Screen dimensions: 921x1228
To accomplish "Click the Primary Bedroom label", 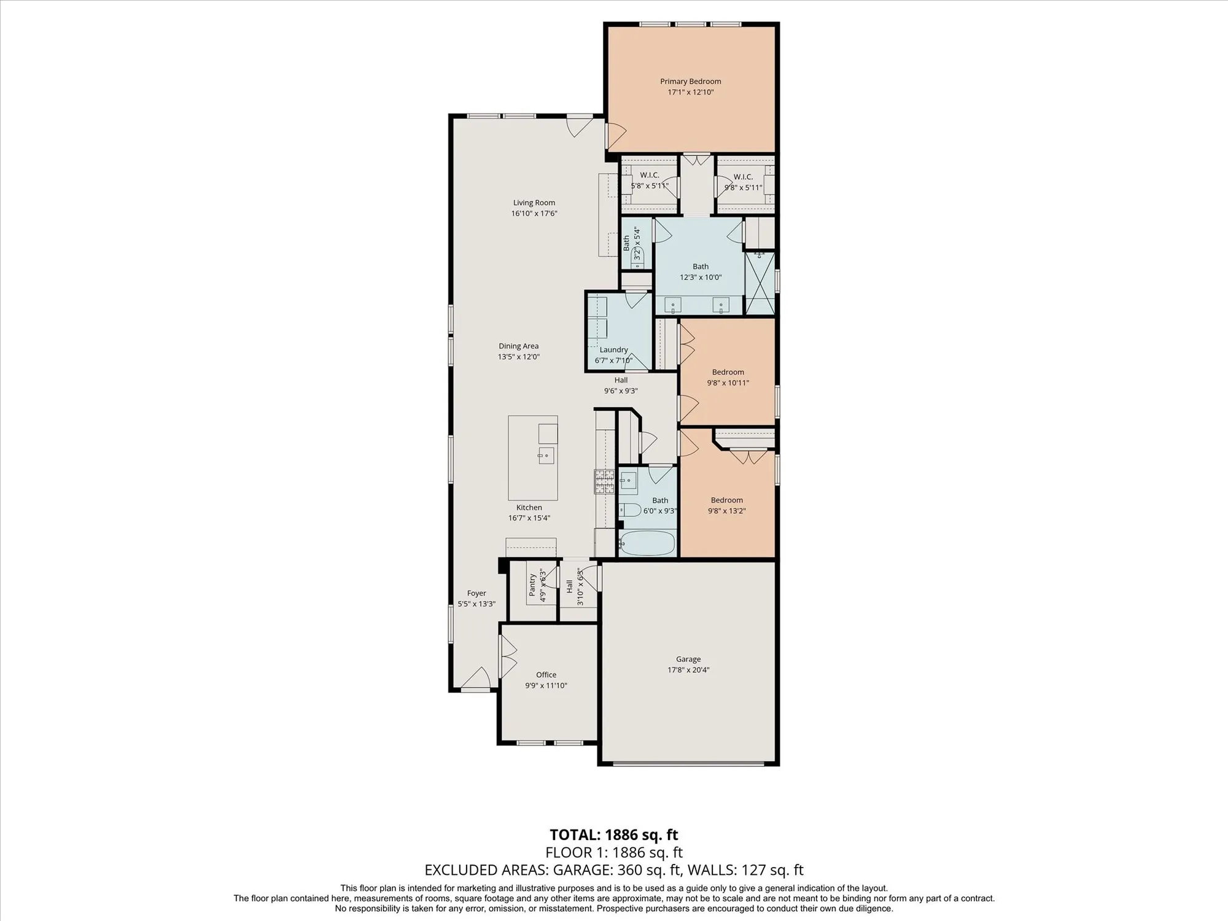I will point(690,81).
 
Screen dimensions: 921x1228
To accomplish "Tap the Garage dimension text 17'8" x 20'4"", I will point(688,670).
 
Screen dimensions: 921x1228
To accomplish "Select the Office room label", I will point(546,674).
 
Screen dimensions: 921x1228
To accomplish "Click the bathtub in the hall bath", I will point(647,543).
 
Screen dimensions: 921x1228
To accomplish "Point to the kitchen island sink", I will point(546,456).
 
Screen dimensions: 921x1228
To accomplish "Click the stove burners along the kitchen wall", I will point(604,482).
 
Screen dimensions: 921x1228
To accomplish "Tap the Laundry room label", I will point(613,349).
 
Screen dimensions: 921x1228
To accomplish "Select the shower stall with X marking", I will point(760,284).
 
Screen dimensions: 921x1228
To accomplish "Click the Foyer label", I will point(476,593).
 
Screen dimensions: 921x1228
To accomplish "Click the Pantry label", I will point(532,585).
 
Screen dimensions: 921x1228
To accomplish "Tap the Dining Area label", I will point(518,346).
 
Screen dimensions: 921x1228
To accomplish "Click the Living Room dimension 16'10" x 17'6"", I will point(534,214).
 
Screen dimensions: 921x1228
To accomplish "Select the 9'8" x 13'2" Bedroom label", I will point(726,500).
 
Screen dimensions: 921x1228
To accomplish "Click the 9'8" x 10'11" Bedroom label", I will point(728,372).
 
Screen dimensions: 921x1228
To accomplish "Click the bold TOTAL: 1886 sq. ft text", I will point(613,834).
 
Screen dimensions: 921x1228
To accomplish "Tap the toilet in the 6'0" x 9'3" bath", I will point(629,510).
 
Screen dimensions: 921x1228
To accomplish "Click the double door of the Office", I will point(508,655).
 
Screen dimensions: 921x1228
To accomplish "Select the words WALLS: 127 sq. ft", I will point(745,870).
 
